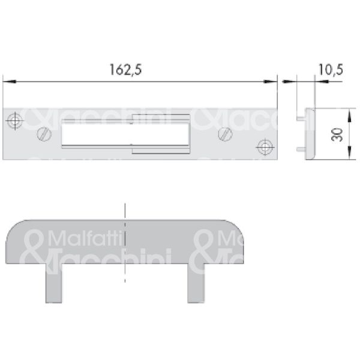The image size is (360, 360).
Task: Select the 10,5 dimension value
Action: coord(330,70)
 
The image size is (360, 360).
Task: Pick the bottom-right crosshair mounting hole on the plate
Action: coord(263,146)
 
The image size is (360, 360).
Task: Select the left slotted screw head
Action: coord(43,133)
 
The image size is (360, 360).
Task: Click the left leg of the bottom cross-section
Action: coord(54,284)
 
